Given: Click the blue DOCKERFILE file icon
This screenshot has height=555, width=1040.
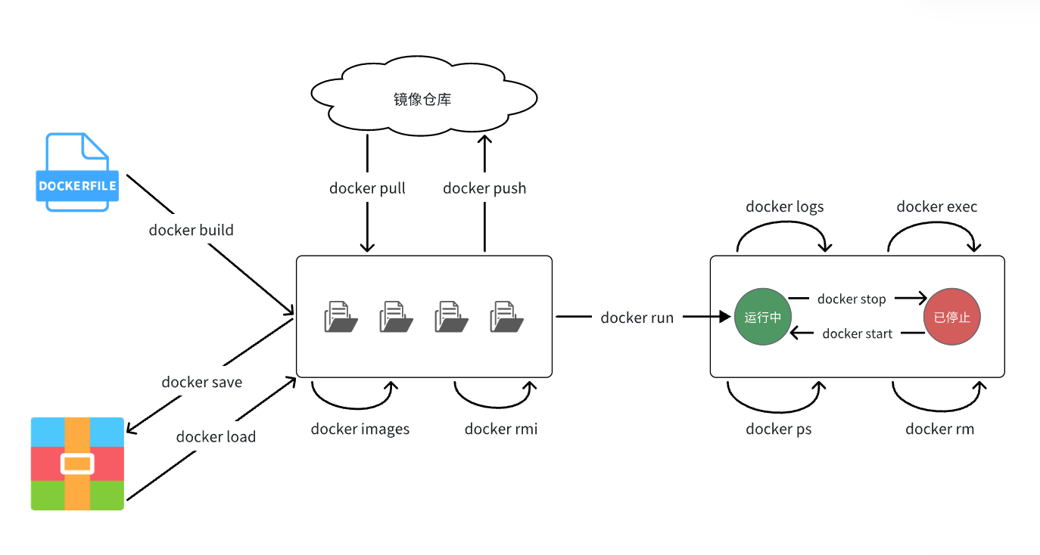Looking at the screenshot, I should pyautogui.click(x=77, y=172).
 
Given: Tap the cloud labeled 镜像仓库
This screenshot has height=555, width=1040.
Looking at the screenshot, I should pyautogui.click(x=423, y=98).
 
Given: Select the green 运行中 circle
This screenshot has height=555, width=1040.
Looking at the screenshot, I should pyautogui.click(x=762, y=317).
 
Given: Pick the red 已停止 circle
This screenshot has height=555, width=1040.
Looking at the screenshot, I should pyautogui.click(x=952, y=317).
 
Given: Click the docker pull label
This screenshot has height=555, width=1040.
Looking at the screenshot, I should pyautogui.click(x=367, y=188).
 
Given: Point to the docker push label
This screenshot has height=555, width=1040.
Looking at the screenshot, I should pyautogui.click(x=484, y=188).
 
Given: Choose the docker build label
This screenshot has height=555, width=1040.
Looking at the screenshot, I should pyautogui.click(x=191, y=230).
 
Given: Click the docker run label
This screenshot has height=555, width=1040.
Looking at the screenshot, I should pyautogui.click(x=637, y=318).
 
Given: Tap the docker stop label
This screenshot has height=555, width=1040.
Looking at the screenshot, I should pyautogui.click(x=852, y=299).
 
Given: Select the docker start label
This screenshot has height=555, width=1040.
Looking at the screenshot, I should pyautogui.click(x=857, y=333).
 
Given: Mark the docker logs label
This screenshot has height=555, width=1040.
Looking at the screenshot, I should pyautogui.click(x=784, y=206).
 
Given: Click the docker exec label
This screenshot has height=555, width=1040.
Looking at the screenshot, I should pyautogui.click(x=936, y=206).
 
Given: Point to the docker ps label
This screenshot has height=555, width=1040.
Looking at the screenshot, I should pyautogui.click(x=778, y=429).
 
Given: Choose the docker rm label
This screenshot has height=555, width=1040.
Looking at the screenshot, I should pyautogui.click(x=939, y=429).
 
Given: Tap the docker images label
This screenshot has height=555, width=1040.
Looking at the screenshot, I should pyautogui.click(x=360, y=429).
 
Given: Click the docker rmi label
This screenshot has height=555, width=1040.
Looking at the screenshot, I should pyautogui.click(x=500, y=429).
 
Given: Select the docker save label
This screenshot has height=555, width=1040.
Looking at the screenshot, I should pyautogui.click(x=201, y=382).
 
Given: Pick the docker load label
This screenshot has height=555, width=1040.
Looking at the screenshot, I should pyautogui.click(x=216, y=436).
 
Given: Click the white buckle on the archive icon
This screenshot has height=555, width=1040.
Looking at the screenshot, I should pyautogui.click(x=77, y=464).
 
